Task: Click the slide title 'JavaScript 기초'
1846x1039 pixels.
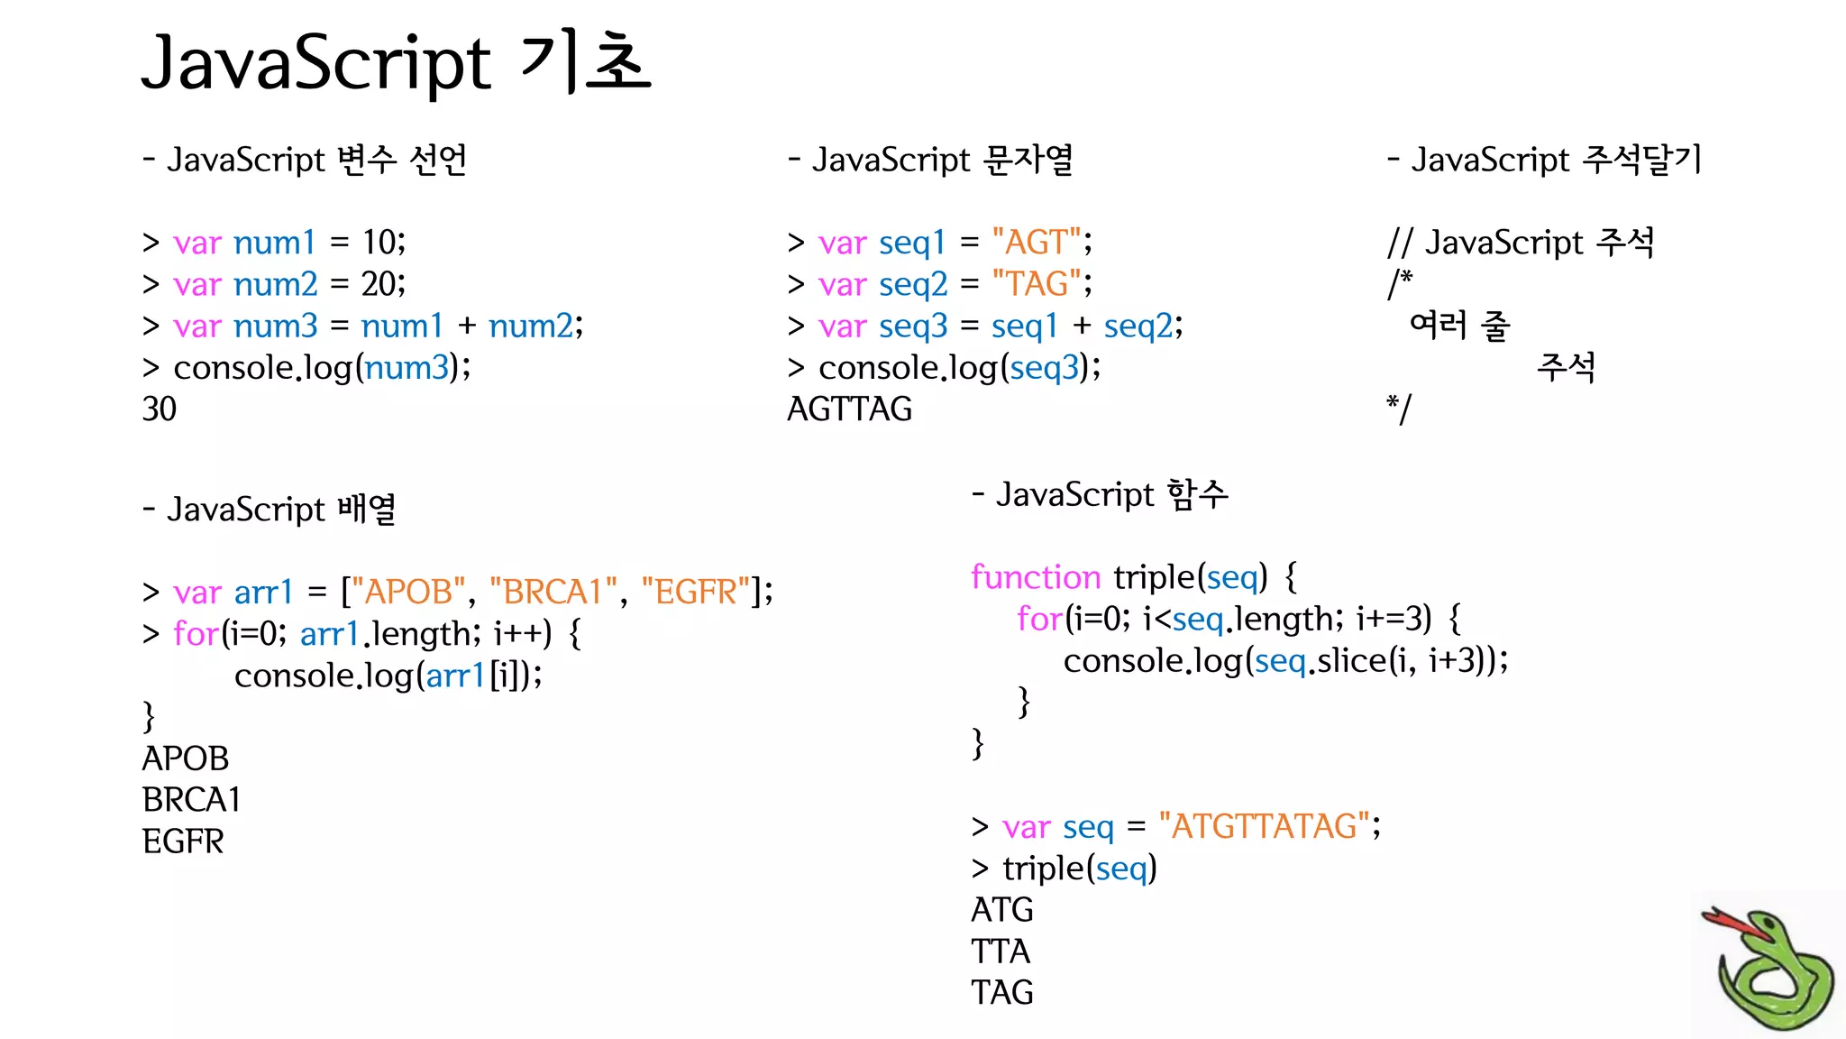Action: coord(396,63)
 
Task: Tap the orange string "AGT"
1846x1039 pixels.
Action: coord(1036,242)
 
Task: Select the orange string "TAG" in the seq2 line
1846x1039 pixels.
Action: coord(1036,284)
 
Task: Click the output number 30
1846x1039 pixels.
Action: coord(160,409)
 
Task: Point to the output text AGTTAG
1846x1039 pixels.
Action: coord(849,409)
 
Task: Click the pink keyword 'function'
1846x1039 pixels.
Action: coord(1036,577)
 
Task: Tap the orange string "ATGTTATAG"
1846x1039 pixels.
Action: coord(1264,826)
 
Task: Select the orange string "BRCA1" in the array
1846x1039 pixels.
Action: coord(553,593)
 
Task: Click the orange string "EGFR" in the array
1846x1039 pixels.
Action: coord(695,593)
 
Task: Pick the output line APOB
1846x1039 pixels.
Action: coord(186,759)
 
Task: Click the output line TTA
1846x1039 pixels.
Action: coord(1001,952)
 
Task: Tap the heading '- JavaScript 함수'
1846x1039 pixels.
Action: coord(1100,494)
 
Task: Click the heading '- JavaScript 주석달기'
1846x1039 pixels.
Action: coord(1544,160)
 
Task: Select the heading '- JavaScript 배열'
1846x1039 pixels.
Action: coord(269,509)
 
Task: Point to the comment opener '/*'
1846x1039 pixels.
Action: coord(1399,284)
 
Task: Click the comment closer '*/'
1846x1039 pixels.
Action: coord(1399,409)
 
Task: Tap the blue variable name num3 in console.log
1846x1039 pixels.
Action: coord(407,368)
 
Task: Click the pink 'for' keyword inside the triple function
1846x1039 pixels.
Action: coord(1039,620)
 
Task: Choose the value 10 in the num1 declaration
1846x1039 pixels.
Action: coord(381,242)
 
